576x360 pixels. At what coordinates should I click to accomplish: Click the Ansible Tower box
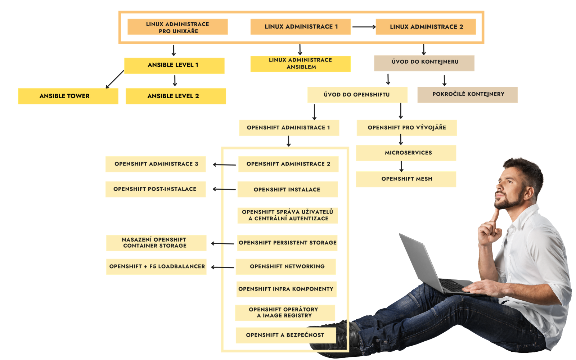coord(68,96)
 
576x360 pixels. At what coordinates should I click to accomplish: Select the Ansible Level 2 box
coord(176,96)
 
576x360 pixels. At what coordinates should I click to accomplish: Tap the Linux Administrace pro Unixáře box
coord(177,27)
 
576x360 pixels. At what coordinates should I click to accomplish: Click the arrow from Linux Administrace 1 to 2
coord(364,27)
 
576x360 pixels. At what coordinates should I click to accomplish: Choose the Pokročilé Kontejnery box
coord(467,95)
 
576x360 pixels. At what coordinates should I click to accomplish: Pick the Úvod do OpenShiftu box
coord(357,95)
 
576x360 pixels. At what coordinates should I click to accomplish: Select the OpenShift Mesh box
coord(406,179)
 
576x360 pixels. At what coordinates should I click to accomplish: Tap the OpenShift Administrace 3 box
coord(156,164)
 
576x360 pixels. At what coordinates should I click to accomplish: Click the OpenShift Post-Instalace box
coord(156,189)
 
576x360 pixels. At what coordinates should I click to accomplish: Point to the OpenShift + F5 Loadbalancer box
coord(156,267)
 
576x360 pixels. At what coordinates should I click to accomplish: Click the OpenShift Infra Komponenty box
coord(286,289)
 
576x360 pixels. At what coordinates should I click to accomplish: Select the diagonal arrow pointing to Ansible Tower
coord(114,79)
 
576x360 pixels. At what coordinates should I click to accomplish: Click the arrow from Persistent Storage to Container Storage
coord(222,244)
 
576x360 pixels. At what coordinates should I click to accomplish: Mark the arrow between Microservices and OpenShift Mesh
coord(401,166)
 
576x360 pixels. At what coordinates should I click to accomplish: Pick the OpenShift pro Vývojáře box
coord(407,128)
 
